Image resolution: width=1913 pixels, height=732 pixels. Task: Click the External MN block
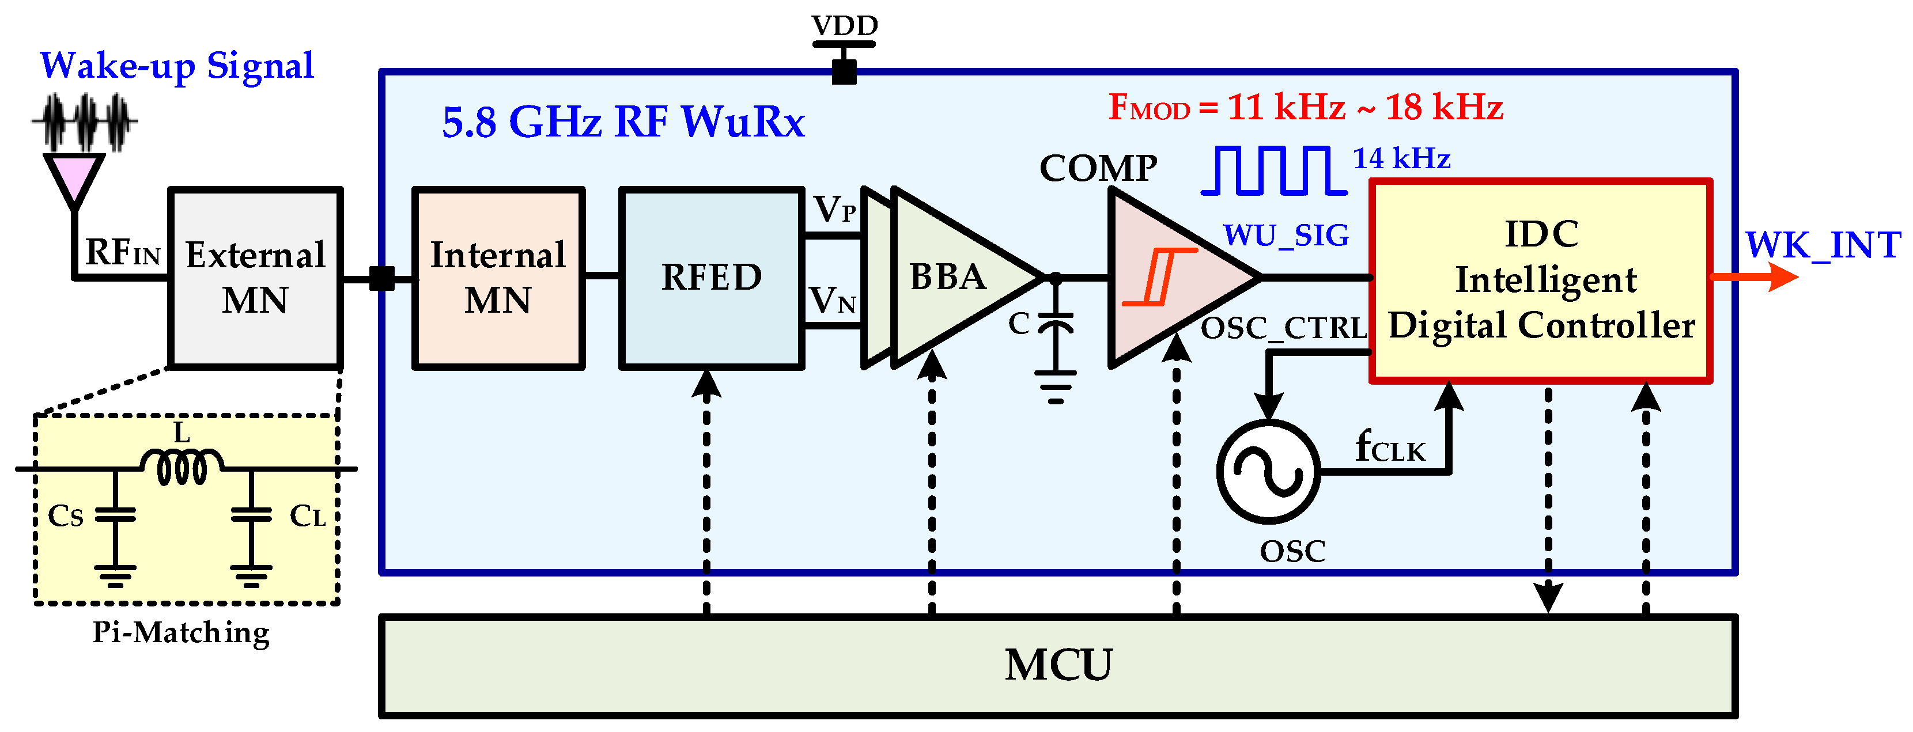255,278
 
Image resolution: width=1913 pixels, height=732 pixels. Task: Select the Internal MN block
498,278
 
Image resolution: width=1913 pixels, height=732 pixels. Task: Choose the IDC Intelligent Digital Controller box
1540,280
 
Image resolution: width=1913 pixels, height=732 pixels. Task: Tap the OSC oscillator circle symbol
1268,472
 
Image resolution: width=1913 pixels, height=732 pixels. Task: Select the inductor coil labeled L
182,466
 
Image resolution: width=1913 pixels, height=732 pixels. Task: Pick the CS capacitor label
65,517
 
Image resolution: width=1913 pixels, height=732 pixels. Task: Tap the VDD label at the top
844,26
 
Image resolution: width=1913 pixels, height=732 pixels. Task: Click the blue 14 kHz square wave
1273,170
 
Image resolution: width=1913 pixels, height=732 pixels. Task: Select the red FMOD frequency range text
1306,108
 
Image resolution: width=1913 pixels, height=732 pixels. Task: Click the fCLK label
1389,447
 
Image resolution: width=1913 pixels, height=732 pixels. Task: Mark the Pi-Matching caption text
181,632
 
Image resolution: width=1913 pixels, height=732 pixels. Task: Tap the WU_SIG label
1286,236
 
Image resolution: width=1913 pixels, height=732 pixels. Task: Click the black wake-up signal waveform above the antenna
85,122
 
